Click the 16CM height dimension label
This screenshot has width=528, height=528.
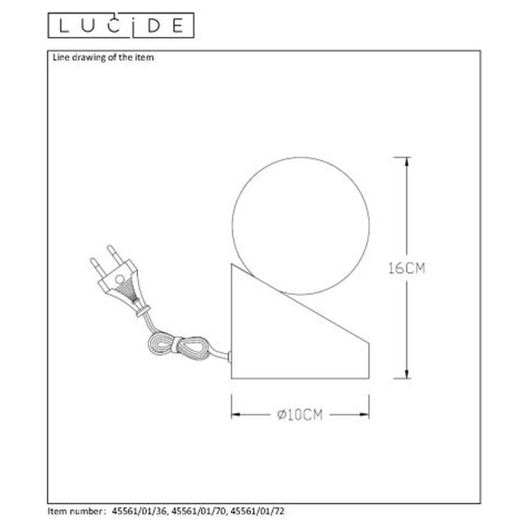[x=407, y=268]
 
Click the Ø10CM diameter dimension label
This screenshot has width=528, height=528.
[x=300, y=414]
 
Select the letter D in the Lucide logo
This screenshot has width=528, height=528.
[x=154, y=25]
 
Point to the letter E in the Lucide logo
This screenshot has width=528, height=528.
[x=178, y=25]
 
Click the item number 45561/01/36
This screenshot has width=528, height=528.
[x=139, y=511]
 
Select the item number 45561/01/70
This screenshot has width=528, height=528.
[x=199, y=511]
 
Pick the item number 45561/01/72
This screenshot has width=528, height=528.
[x=258, y=511]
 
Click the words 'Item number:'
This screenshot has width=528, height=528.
[x=77, y=511]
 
